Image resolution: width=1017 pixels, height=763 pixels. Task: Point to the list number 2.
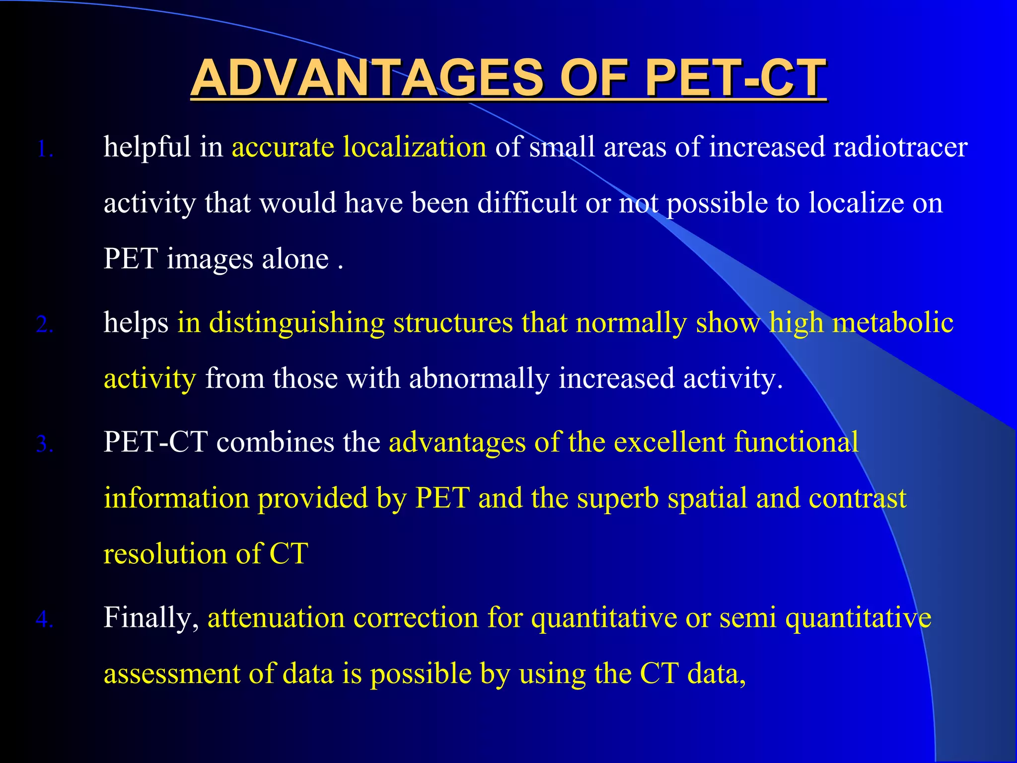(x=45, y=325)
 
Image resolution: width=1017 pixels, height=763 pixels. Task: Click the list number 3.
(x=45, y=444)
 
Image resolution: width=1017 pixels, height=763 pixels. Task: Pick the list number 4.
(x=45, y=619)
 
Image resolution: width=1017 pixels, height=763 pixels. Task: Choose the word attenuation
(x=276, y=618)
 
